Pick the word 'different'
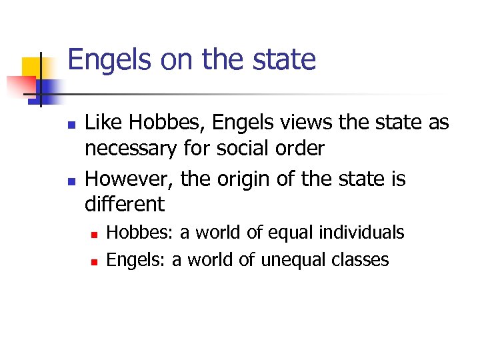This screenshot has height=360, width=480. pyautogui.click(x=125, y=203)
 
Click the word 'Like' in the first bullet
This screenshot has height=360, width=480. pyautogui.click(x=101, y=123)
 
